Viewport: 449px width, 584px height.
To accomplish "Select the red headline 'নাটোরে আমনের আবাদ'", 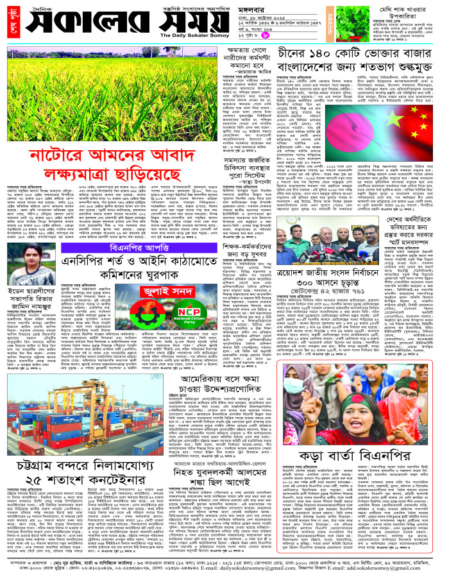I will click(x=110, y=156).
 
